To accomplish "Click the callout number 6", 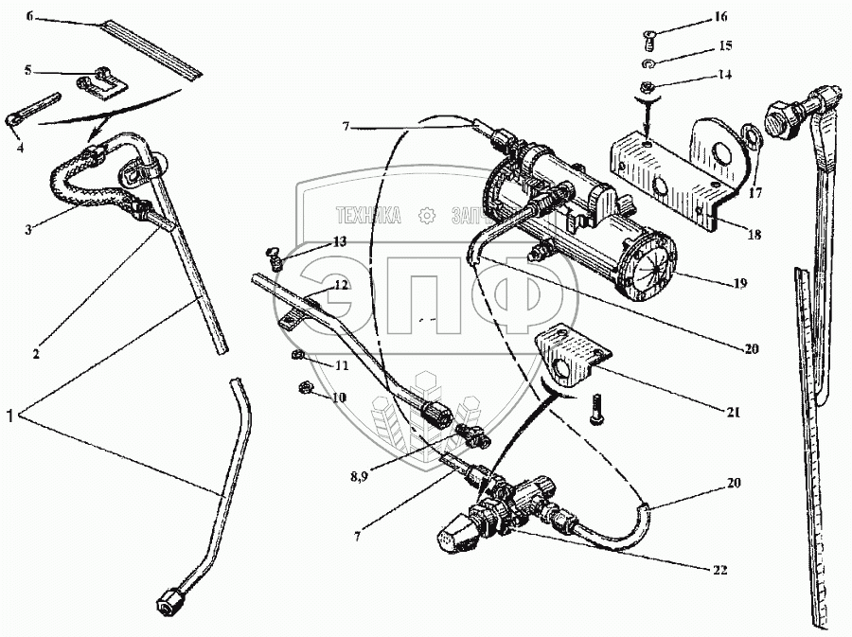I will pos(28,17).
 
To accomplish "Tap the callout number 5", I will pos(28,69).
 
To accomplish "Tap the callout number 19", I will pos(738,283).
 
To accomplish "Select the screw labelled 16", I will pos(648,39).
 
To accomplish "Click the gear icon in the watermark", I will pos(427,216).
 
